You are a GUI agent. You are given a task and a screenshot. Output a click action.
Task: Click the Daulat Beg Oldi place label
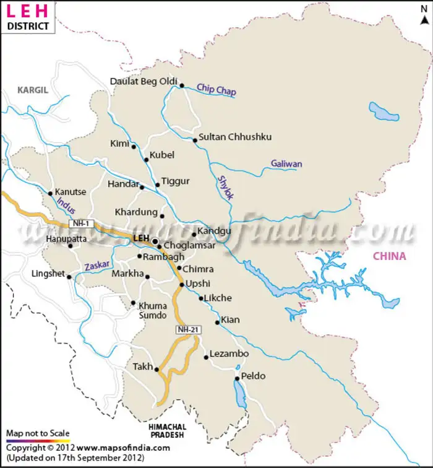pyautogui.click(x=144, y=82)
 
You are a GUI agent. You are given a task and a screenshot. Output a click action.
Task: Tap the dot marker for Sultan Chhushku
pyautogui.click(x=195, y=140)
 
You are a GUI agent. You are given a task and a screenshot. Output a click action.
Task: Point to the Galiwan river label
pyautogui.click(x=286, y=164)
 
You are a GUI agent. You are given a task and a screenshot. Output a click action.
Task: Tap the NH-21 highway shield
pyautogui.click(x=188, y=329)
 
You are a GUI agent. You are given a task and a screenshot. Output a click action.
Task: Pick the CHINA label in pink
pyautogui.click(x=389, y=256)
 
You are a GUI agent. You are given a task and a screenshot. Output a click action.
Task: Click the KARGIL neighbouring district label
pyautogui.click(x=33, y=90)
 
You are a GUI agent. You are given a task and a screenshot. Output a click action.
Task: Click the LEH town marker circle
pyautogui.click(x=155, y=241)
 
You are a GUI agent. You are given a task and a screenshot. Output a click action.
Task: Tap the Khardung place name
pyautogui.click(x=135, y=212)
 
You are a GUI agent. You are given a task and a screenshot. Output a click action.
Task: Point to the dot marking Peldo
pyautogui.click(x=237, y=378)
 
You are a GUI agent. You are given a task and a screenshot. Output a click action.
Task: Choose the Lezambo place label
pyautogui.click(x=229, y=353)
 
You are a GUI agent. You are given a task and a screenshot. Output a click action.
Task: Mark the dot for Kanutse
pyautogui.click(x=50, y=193)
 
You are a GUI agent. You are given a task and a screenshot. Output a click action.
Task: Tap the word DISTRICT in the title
pyautogui.click(x=28, y=26)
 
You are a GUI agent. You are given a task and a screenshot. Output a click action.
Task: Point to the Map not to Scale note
pyautogui.click(x=38, y=433)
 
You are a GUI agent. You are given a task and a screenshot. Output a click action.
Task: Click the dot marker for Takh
pyautogui.click(x=156, y=370)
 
